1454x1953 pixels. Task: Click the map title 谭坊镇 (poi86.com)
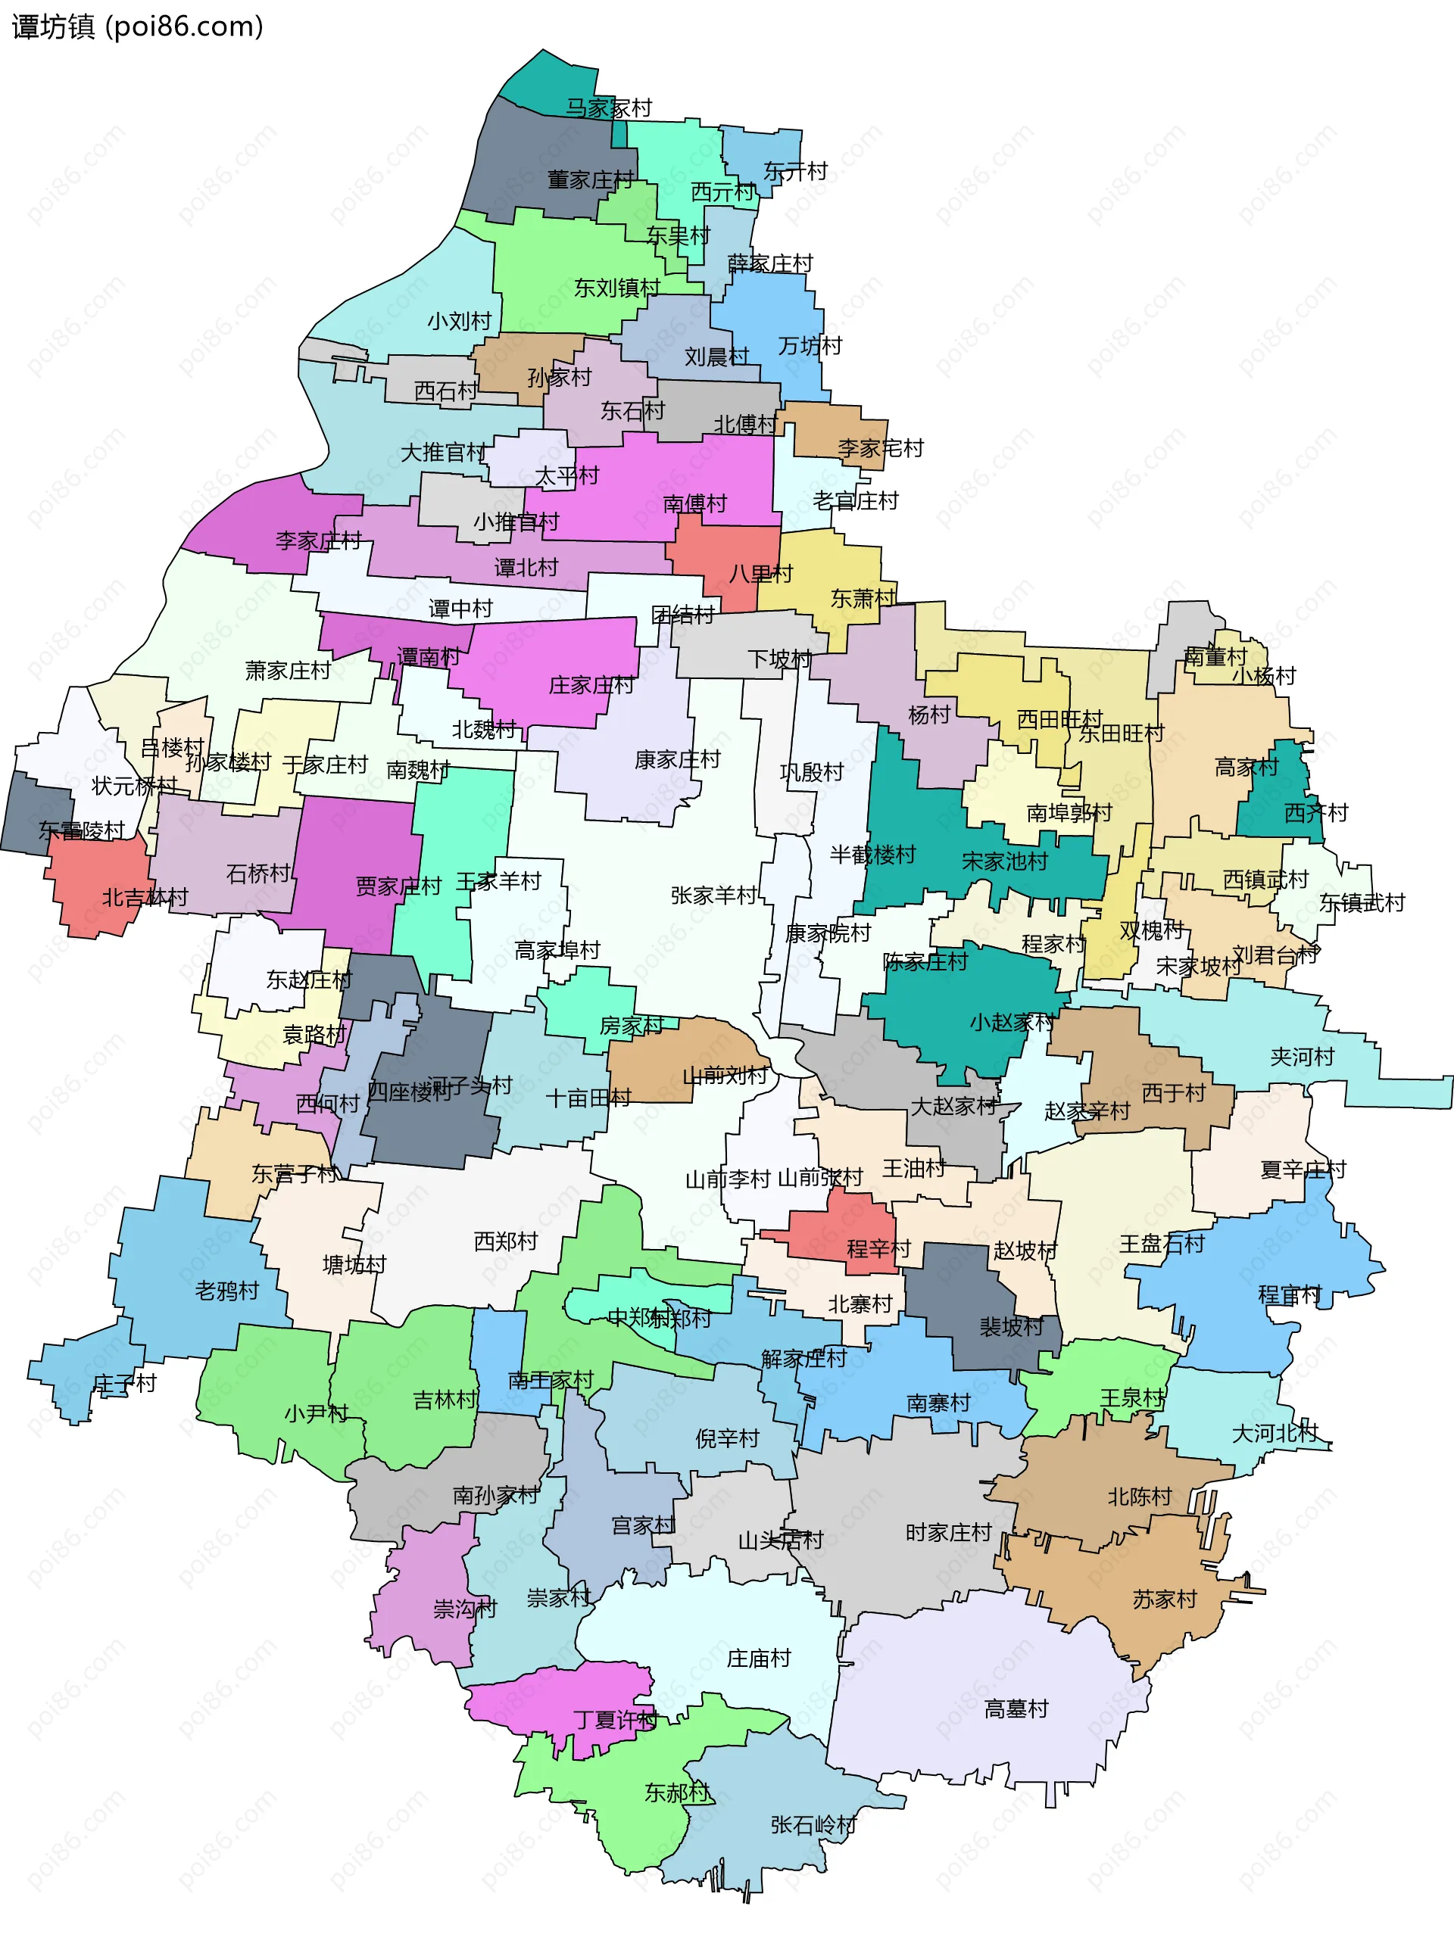coord(137,26)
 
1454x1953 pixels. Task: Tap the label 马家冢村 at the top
coord(608,108)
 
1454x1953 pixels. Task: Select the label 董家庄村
coord(590,179)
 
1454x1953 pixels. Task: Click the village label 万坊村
coord(810,346)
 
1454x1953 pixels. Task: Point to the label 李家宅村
coord(880,449)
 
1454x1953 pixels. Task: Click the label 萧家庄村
coord(288,671)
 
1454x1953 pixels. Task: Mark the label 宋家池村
coord(1004,861)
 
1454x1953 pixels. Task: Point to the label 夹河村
coord(1302,1057)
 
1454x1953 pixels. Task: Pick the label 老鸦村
coord(227,1291)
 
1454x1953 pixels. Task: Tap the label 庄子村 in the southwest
coord(125,1383)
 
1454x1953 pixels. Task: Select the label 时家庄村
coord(948,1532)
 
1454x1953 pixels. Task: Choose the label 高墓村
coord(1016,1708)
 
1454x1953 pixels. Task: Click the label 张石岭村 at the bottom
coord(813,1824)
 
